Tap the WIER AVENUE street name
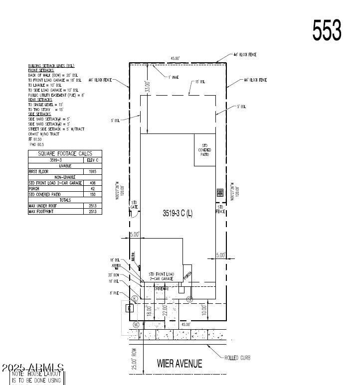[x=180, y=364]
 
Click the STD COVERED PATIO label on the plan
[x=205, y=149]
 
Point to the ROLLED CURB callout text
[x=237, y=358]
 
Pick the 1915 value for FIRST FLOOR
[x=92, y=171]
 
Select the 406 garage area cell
[x=92, y=183]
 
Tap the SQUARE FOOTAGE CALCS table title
[x=65, y=154]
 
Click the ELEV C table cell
[x=92, y=160]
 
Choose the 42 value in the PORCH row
[x=92, y=188]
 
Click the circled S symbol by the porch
[x=189, y=299]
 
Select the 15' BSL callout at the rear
[x=200, y=81]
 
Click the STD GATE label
[x=134, y=205]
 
